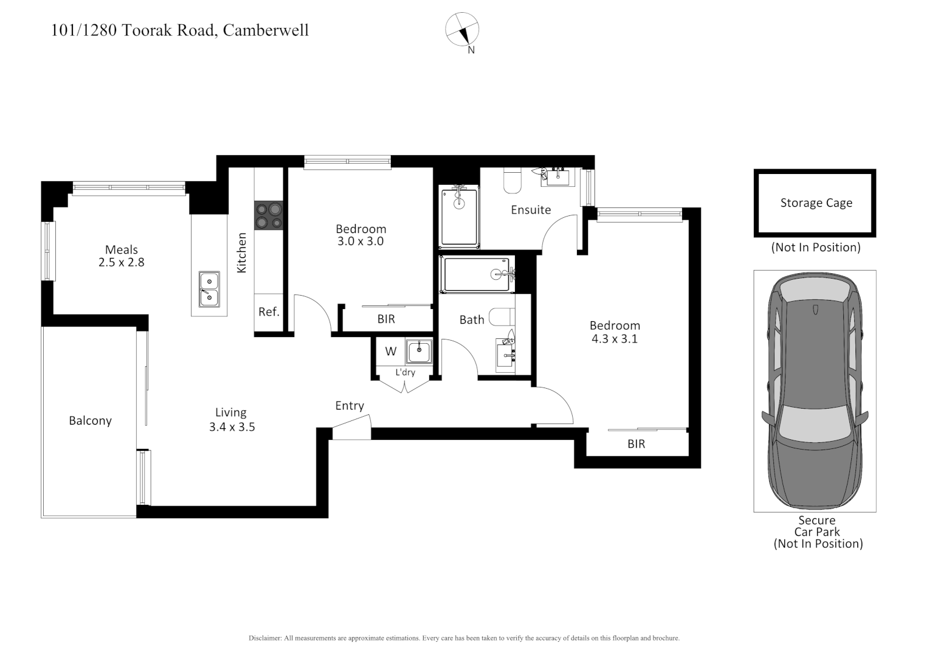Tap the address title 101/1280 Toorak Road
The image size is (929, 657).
coord(180,30)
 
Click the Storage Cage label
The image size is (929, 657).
coord(816,203)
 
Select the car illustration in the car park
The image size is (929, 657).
coord(815,391)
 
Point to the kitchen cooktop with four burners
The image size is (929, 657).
coord(269,216)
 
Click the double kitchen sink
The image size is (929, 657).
coord(209,289)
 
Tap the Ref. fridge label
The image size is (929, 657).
coord(269,312)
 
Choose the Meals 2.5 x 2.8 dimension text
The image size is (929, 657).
coord(122,256)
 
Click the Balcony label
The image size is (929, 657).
coord(90,421)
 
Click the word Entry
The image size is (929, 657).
coord(350,406)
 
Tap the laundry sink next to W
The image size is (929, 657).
coord(419,352)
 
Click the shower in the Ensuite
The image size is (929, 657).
coord(460,217)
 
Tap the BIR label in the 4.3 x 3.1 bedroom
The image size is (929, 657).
coord(636,444)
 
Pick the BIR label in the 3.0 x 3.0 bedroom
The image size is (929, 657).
coord(386,319)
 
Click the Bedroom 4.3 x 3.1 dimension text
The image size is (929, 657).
coord(615,333)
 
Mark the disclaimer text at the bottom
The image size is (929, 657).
coord(464,638)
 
